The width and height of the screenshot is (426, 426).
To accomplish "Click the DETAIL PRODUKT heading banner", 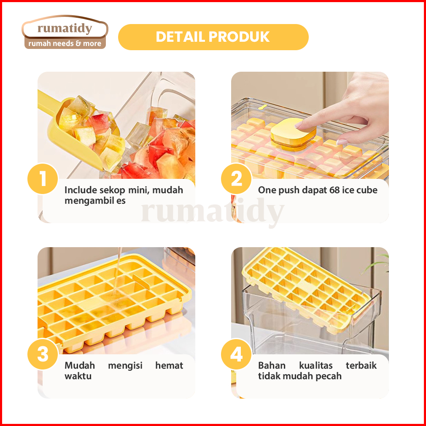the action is point(213,37).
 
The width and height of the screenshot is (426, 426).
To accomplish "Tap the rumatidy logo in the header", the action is point(65,32).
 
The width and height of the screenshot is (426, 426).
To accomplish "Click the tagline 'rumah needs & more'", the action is point(65,43).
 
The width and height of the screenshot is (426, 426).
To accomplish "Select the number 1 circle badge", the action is point(43,178).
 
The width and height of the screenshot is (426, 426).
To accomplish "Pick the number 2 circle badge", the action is point(236,178).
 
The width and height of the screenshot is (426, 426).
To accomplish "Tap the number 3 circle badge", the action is point(43,354).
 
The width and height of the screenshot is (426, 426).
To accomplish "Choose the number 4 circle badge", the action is point(236,354).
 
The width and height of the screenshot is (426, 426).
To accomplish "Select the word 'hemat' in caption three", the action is point(169,365).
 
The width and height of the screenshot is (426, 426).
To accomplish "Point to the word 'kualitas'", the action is point(315,365).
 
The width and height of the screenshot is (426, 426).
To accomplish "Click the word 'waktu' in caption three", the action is point(78,376).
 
